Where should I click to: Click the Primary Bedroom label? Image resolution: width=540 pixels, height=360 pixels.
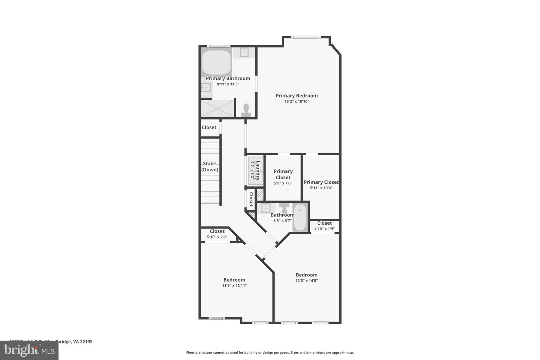(297, 96)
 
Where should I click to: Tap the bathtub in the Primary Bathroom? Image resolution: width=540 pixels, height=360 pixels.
(216, 63)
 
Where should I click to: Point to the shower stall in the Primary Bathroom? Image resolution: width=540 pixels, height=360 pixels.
(217, 108)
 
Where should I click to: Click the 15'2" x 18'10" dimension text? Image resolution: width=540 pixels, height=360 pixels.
(297, 101)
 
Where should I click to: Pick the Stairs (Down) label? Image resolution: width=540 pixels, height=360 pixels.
(210, 166)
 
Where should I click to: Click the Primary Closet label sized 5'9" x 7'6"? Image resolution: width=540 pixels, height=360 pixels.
(283, 174)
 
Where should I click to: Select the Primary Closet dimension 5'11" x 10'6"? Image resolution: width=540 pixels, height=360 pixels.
(321, 188)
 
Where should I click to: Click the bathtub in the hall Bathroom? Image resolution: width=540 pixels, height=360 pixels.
(300, 217)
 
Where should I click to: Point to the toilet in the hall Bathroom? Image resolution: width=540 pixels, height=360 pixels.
(285, 207)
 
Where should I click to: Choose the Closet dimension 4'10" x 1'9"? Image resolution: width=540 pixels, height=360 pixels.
(324, 228)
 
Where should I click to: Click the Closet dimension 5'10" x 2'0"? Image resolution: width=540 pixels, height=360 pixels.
(217, 237)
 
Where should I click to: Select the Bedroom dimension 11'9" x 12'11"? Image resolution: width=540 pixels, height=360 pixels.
(234, 285)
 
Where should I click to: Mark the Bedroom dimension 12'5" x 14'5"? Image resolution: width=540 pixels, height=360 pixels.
(306, 280)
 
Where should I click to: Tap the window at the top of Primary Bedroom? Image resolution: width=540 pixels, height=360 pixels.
(306, 37)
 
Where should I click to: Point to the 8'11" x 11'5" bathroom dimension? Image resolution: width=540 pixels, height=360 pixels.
(228, 84)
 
